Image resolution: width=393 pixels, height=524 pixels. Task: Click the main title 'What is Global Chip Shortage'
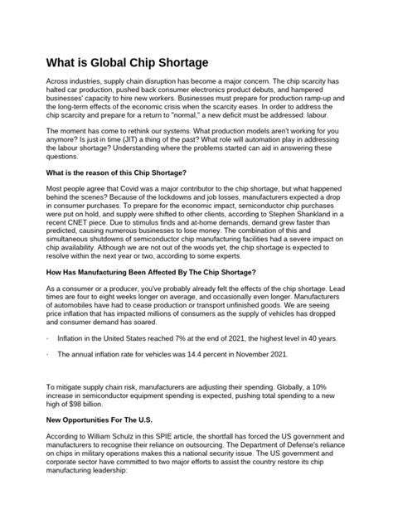[127, 63]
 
